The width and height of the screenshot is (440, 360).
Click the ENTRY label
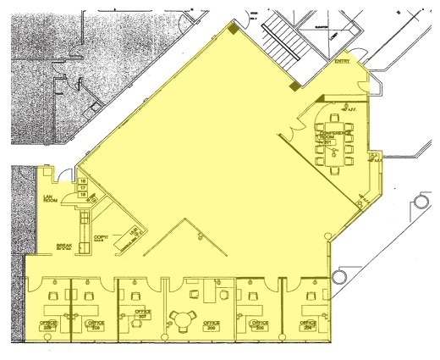pyautogui.click(x=342, y=61)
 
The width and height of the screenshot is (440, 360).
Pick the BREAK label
pyautogui.click(x=65, y=248)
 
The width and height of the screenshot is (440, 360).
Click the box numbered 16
pyautogui.click(x=82, y=180)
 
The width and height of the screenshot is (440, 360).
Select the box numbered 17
pyautogui.click(x=82, y=187)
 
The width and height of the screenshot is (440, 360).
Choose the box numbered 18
pyautogui.click(x=82, y=195)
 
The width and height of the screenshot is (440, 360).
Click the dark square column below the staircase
pyautogui.click(x=293, y=86)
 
